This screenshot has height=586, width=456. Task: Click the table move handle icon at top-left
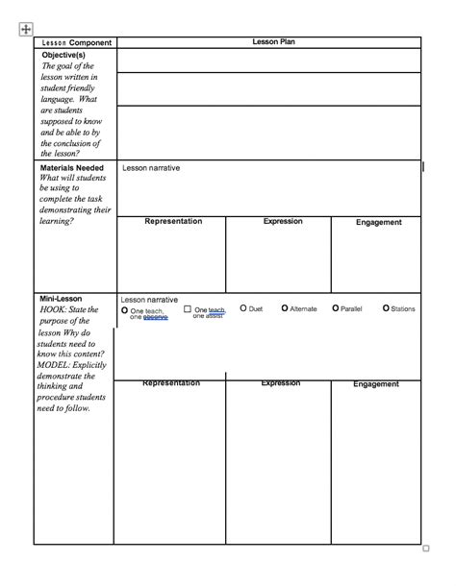tap(25, 30)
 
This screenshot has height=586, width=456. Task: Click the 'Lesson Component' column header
tap(76, 43)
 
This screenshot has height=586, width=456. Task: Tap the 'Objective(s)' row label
tap(63, 56)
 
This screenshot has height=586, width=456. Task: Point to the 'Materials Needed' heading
tap(72, 167)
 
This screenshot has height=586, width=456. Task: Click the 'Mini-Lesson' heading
tap(61, 299)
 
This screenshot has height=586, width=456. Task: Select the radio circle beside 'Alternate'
tap(285, 308)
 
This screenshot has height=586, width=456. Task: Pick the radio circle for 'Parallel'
tap(335, 308)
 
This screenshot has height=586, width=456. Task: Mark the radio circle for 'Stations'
tap(386, 308)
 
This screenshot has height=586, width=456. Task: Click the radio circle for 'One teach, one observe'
tap(125, 310)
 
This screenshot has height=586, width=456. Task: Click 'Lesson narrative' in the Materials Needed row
tap(150, 168)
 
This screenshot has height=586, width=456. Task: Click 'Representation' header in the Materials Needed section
tap(173, 222)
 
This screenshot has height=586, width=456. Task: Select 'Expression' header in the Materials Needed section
tap(283, 222)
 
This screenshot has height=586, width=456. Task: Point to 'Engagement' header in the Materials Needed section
tap(378, 223)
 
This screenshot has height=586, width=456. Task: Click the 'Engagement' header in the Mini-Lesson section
tap(376, 384)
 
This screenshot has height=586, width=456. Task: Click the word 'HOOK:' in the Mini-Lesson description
tap(56, 310)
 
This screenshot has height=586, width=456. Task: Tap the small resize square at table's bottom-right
tap(426, 549)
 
